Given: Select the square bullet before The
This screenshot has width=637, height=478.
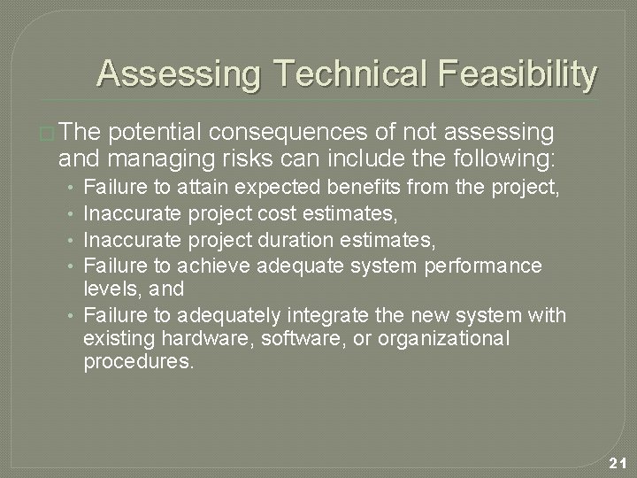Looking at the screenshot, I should (47, 135).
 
